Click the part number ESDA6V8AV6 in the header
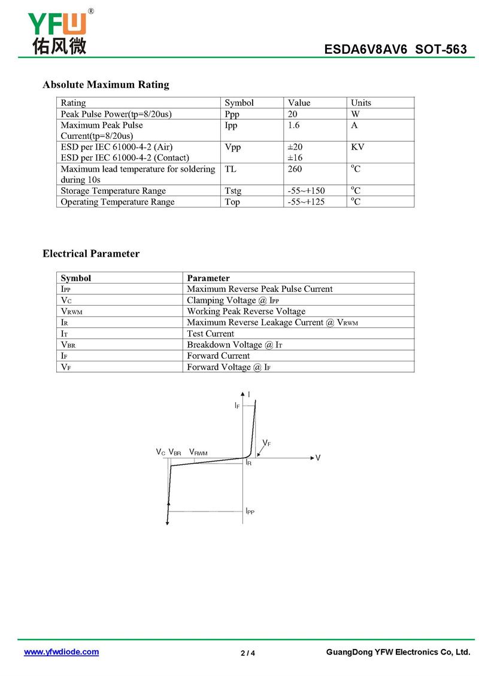(x=365, y=50)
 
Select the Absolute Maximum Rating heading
(x=105, y=84)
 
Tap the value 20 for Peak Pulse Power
(x=293, y=114)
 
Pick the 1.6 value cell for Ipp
(x=293, y=125)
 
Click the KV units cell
(x=357, y=147)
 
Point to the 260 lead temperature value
(x=295, y=169)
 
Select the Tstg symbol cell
(x=233, y=191)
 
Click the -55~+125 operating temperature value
(x=306, y=202)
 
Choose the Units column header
(x=361, y=103)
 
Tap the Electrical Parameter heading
(x=91, y=254)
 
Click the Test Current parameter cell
(x=211, y=334)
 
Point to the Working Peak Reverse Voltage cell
(x=246, y=312)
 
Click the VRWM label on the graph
(x=198, y=453)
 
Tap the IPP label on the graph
(x=250, y=511)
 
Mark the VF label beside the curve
(x=266, y=443)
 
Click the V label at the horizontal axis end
(x=318, y=458)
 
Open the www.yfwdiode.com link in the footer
(x=61, y=652)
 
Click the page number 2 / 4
(x=248, y=653)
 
